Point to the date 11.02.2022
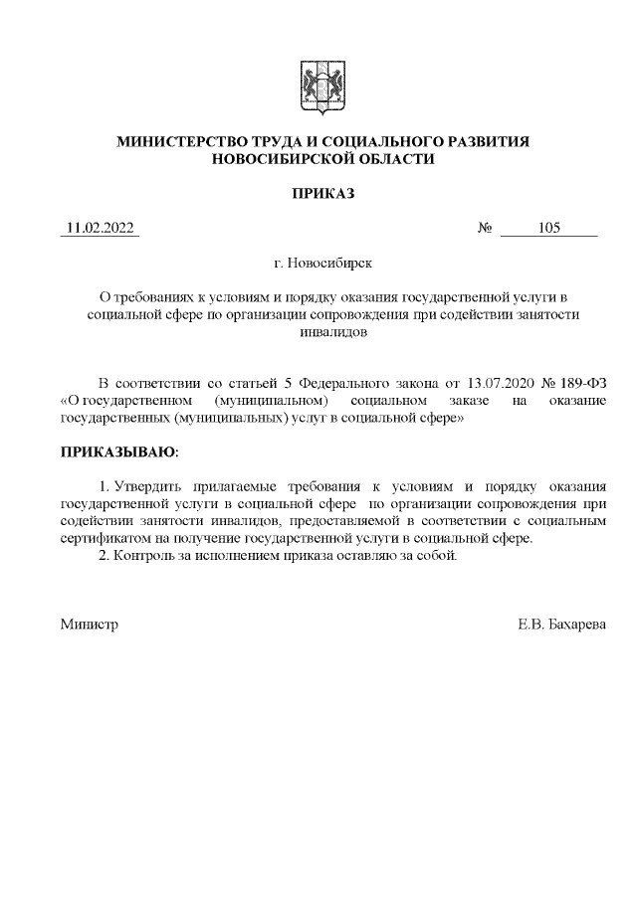point(100,228)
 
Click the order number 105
point(548,228)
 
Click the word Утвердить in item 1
point(148,486)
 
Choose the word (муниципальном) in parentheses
point(271,401)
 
